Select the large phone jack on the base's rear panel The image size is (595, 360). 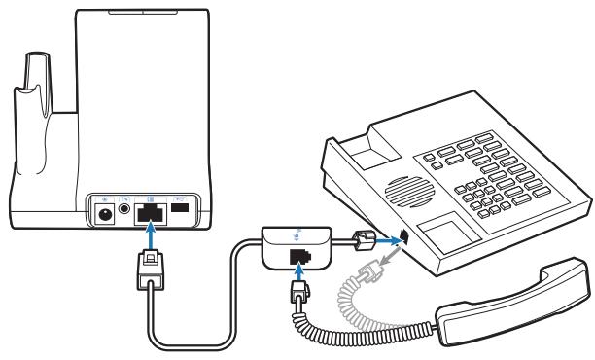click(150, 211)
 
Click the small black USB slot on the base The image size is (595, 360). click(180, 210)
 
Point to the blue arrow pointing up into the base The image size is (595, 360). click(150, 237)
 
